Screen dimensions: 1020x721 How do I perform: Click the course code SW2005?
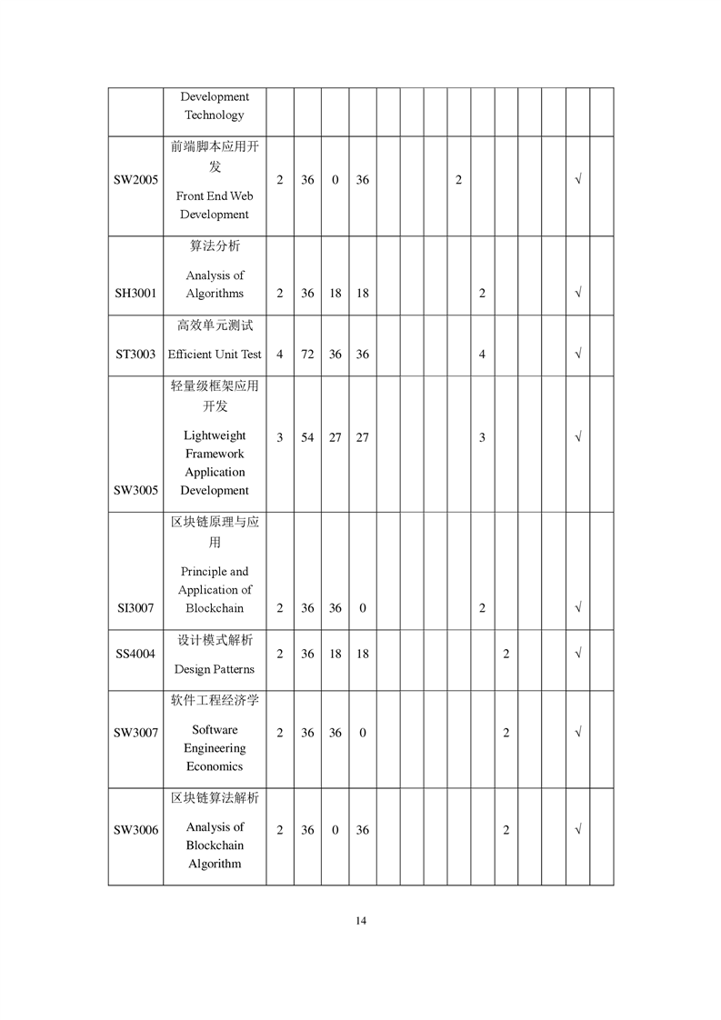point(135,180)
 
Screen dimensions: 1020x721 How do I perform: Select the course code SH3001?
point(135,294)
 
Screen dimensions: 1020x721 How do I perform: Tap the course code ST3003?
point(135,355)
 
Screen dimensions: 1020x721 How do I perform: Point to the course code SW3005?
point(135,490)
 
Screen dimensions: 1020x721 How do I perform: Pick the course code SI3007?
point(135,608)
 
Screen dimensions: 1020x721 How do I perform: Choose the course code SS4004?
point(135,654)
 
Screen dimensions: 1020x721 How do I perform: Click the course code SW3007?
point(135,733)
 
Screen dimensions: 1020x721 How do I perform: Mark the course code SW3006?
point(135,830)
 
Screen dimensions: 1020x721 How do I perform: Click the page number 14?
point(361,921)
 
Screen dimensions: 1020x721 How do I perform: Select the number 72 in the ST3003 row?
point(307,355)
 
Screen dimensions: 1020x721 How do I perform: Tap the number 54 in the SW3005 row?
point(307,437)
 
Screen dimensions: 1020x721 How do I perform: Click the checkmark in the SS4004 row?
point(577,654)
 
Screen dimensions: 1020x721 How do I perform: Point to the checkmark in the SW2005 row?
point(577,180)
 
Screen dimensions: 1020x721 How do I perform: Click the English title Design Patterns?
point(215,670)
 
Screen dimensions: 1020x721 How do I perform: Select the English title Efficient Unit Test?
point(215,355)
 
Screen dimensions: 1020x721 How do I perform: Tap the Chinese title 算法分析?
point(215,246)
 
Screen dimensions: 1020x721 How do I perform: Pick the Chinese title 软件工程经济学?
point(215,701)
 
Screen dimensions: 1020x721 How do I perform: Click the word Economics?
point(215,766)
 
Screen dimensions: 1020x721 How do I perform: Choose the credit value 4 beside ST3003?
point(279,355)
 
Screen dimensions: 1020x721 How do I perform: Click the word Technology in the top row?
point(215,115)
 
